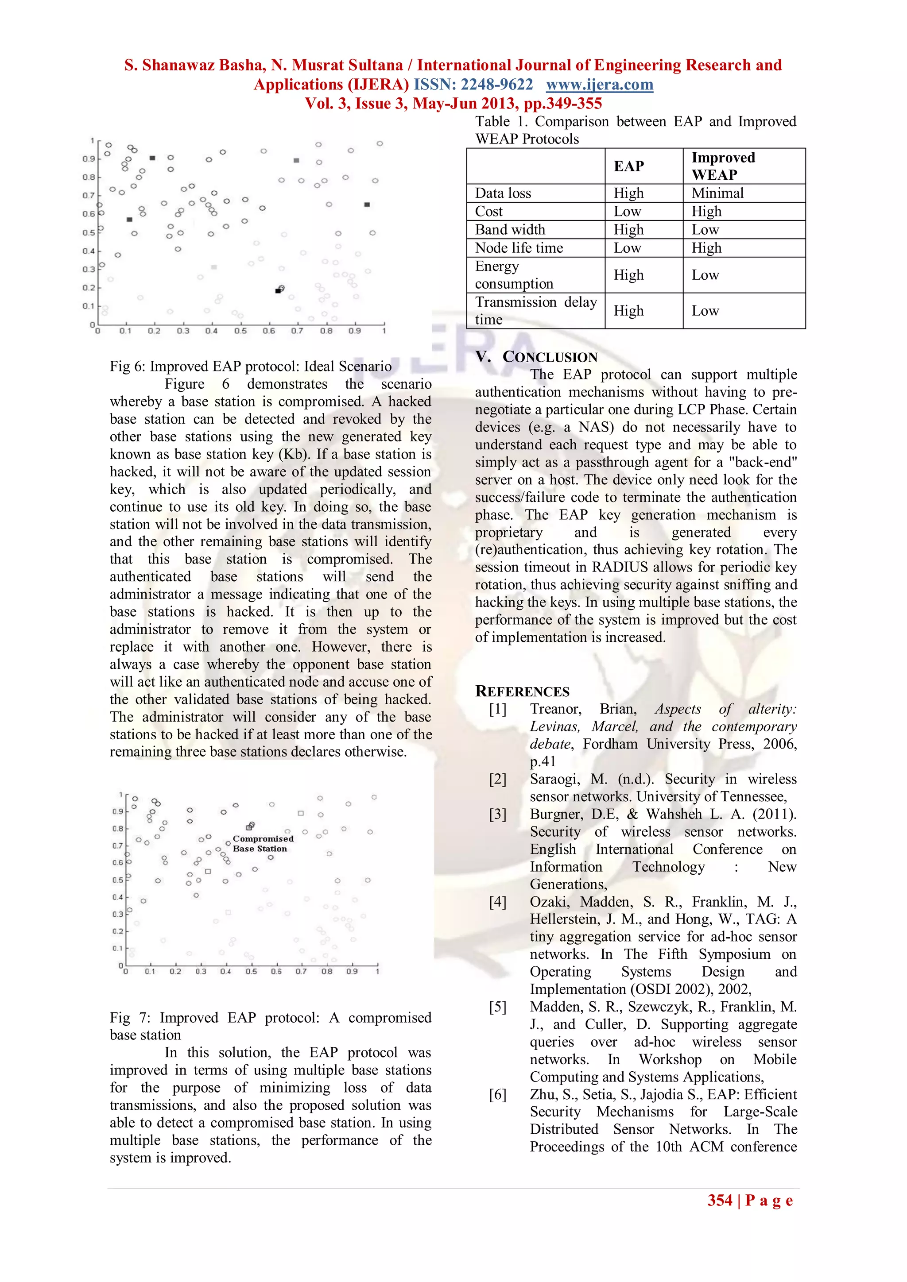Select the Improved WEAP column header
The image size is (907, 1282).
point(723,166)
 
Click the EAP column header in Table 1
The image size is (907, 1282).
point(628,166)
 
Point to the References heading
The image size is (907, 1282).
point(522,691)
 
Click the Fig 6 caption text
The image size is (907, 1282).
point(250,366)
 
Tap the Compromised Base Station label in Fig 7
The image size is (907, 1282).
point(263,843)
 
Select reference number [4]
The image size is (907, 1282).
point(498,902)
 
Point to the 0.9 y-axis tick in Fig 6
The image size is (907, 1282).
point(88,159)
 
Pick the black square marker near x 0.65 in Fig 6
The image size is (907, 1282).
point(278,291)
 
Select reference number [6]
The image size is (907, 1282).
point(498,1094)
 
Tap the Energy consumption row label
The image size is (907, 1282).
point(513,275)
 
